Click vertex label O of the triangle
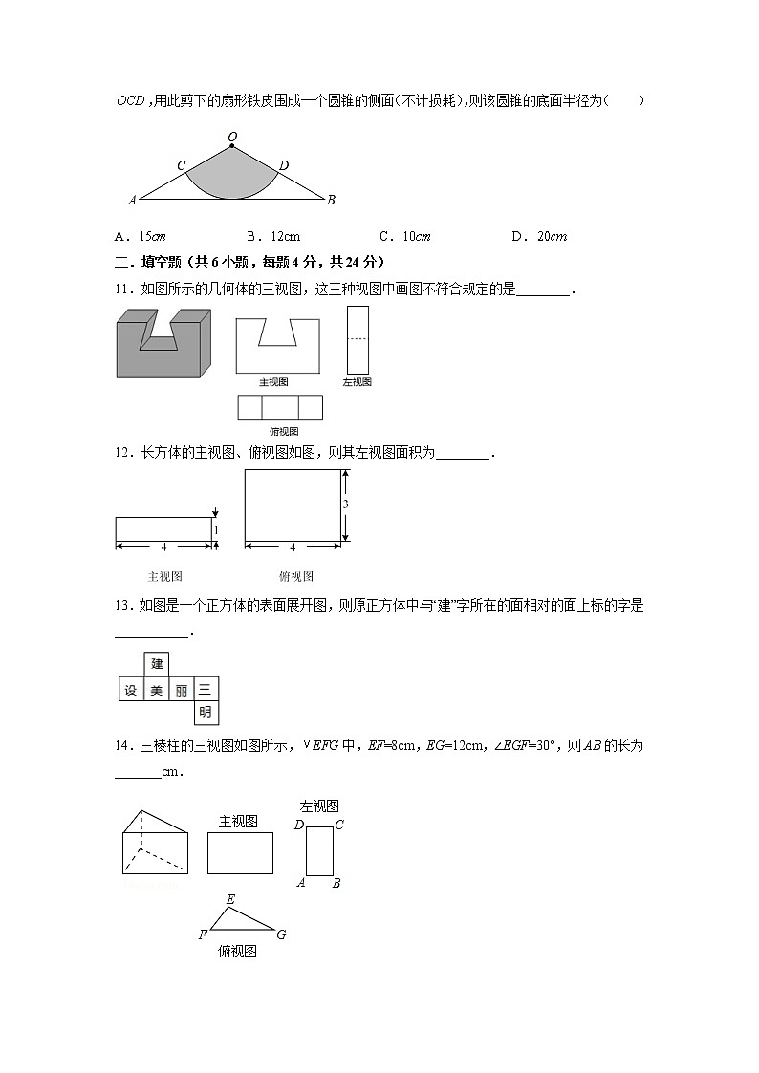tap(231, 138)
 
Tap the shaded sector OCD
tap(231, 176)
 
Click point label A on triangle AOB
tap(132, 201)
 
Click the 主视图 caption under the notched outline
tap(274, 382)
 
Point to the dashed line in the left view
tap(358, 338)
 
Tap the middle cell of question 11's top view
tap(280, 408)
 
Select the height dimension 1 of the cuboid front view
tap(216, 530)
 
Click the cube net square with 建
tap(157, 664)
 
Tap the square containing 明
tap(206, 712)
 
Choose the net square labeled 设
tap(131, 689)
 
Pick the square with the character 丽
tap(181, 689)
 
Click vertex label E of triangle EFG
tap(230, 899)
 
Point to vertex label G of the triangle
tap(281, 934)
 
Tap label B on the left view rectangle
tap(336, 883)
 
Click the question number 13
tap(122, 605)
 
